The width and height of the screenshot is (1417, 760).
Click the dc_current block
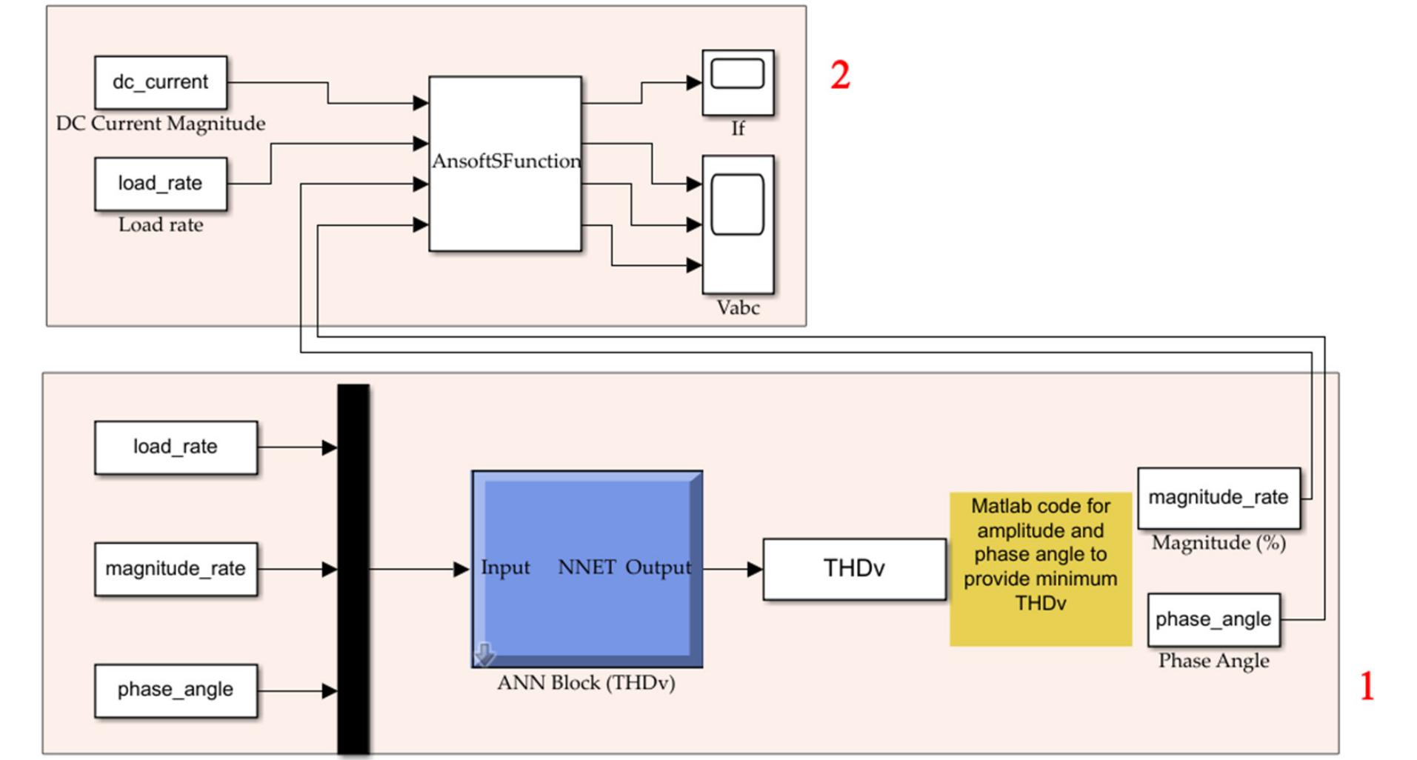161,82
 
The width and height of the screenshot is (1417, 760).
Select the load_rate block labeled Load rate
161,183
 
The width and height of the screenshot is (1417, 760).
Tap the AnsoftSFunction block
505,164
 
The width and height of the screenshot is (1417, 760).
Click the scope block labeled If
738,82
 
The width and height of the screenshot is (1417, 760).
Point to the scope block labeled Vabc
738,224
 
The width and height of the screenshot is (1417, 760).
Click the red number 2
840,76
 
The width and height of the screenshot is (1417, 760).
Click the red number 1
1367,686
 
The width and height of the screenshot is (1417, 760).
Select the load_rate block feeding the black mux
176,447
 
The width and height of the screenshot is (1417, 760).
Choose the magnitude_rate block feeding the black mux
176,569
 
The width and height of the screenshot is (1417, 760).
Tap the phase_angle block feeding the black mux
176,690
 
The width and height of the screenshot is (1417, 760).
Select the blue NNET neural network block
587,569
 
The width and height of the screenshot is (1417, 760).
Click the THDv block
854,569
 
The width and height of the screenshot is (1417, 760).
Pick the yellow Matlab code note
1040,569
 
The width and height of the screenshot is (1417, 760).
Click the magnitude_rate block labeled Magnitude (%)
1218,498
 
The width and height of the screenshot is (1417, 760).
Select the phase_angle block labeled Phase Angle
1213,619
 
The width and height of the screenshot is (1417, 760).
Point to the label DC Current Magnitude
161,124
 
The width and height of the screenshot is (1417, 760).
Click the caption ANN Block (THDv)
586,683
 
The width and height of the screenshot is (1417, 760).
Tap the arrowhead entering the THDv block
755,570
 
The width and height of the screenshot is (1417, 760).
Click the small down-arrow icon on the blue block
484,654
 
